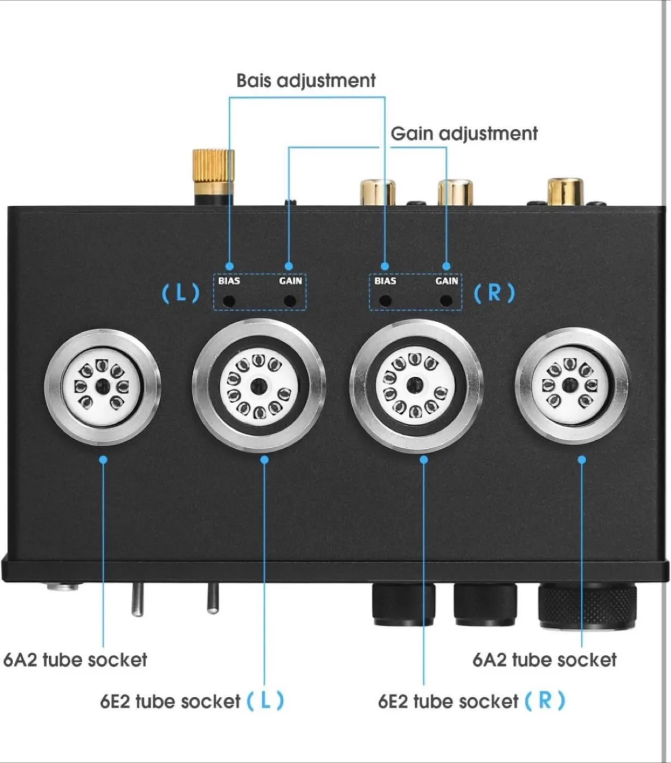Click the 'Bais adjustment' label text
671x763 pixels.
306,81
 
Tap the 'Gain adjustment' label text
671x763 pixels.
464,134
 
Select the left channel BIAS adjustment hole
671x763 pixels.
229,301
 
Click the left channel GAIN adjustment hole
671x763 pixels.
290,301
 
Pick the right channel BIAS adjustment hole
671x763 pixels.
385,301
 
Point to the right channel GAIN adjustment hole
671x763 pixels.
446,301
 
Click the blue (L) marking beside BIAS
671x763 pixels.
181,292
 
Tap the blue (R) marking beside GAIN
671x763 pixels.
494,292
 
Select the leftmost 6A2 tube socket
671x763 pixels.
102,386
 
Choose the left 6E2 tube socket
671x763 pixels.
258,386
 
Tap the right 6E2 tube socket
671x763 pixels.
416,386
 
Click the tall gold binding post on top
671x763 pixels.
213,175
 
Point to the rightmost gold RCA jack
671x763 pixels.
566,192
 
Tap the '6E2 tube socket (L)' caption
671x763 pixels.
192,701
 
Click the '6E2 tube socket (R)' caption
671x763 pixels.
471,701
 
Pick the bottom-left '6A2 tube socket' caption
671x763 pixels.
75,660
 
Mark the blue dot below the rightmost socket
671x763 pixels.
581,459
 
